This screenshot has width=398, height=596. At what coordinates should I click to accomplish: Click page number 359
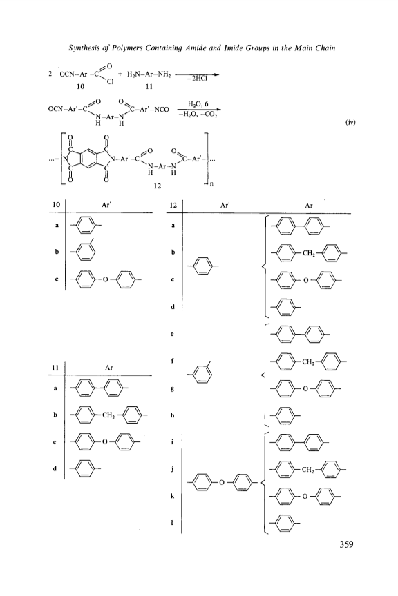coord(346,544)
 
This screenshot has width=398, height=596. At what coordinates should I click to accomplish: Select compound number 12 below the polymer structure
coord(158,186)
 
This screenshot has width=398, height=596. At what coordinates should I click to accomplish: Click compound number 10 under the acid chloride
coord(80,86)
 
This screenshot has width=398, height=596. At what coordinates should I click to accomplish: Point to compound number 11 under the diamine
coord(149,86)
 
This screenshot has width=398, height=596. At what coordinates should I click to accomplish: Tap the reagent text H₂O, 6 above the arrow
coord(198,103)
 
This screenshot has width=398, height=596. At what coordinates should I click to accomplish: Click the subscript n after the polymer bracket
coord(212,185)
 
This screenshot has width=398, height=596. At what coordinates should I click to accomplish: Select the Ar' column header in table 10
coord(106,204)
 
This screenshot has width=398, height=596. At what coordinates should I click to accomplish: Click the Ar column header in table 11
coord(109,368)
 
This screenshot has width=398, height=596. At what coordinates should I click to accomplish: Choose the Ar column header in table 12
coord(309,206)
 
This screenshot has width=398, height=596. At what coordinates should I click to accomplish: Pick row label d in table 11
coord(55,468)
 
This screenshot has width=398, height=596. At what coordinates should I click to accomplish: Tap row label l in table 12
coord(173,523)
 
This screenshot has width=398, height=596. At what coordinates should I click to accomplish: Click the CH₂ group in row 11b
coord(108,415)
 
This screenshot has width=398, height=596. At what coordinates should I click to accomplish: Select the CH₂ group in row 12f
coord(308,361)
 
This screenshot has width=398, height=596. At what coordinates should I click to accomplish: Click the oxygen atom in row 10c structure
coord(106,279)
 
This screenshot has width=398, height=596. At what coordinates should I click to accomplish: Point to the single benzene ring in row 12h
coord(285,415)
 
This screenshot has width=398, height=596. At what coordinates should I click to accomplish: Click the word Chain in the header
coord(325,48)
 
